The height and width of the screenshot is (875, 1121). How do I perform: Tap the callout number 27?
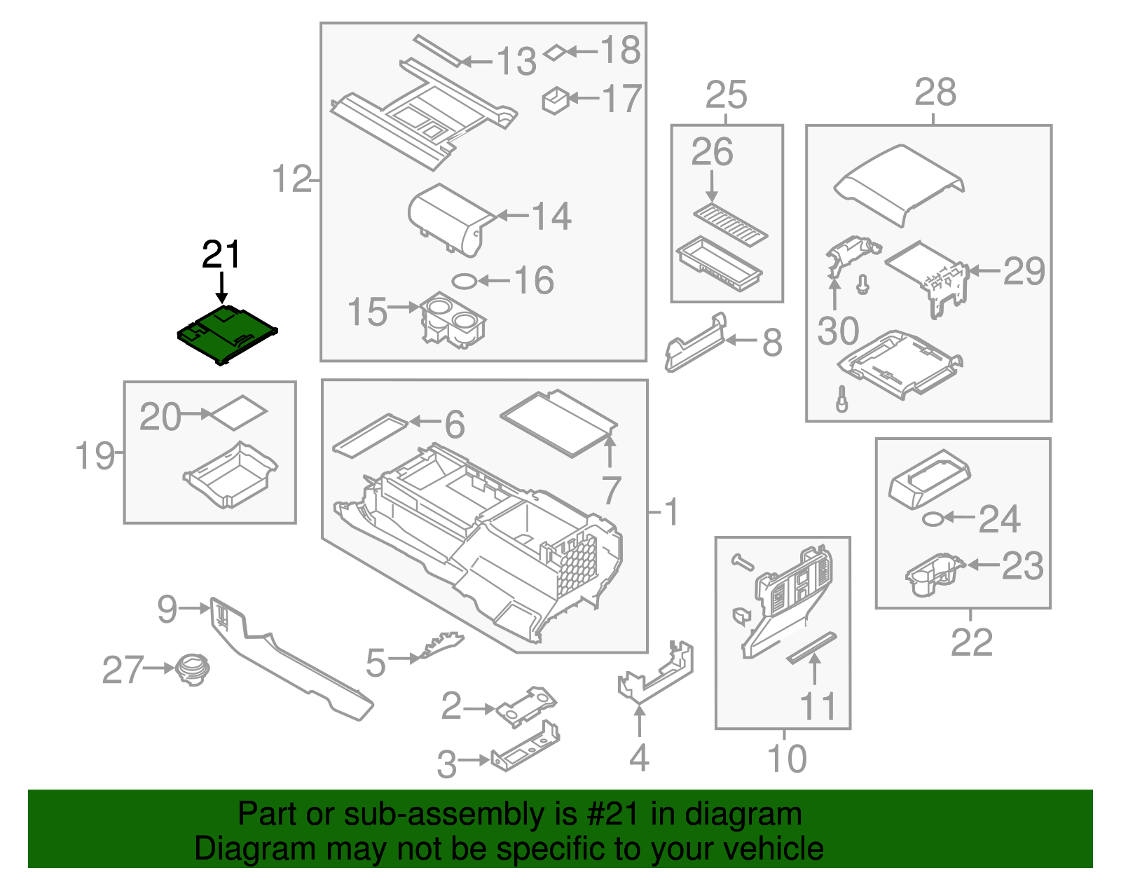(x=123, y=670)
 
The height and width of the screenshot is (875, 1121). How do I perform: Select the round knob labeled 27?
(x=192, y=670)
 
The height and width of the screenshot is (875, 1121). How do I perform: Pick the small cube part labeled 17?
(x=556, y=101)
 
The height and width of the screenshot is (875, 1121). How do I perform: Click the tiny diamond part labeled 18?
(x=555, y=52)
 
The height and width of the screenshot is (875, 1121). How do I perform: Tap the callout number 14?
(x=552, y=216)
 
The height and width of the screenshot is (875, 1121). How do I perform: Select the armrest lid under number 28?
(x=900, y=185)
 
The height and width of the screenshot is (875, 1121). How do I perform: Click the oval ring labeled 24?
(x=933, y=519)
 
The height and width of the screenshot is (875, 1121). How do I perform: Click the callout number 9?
(x=167, y=608)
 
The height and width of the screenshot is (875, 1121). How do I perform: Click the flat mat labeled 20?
(x=239, y=413)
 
